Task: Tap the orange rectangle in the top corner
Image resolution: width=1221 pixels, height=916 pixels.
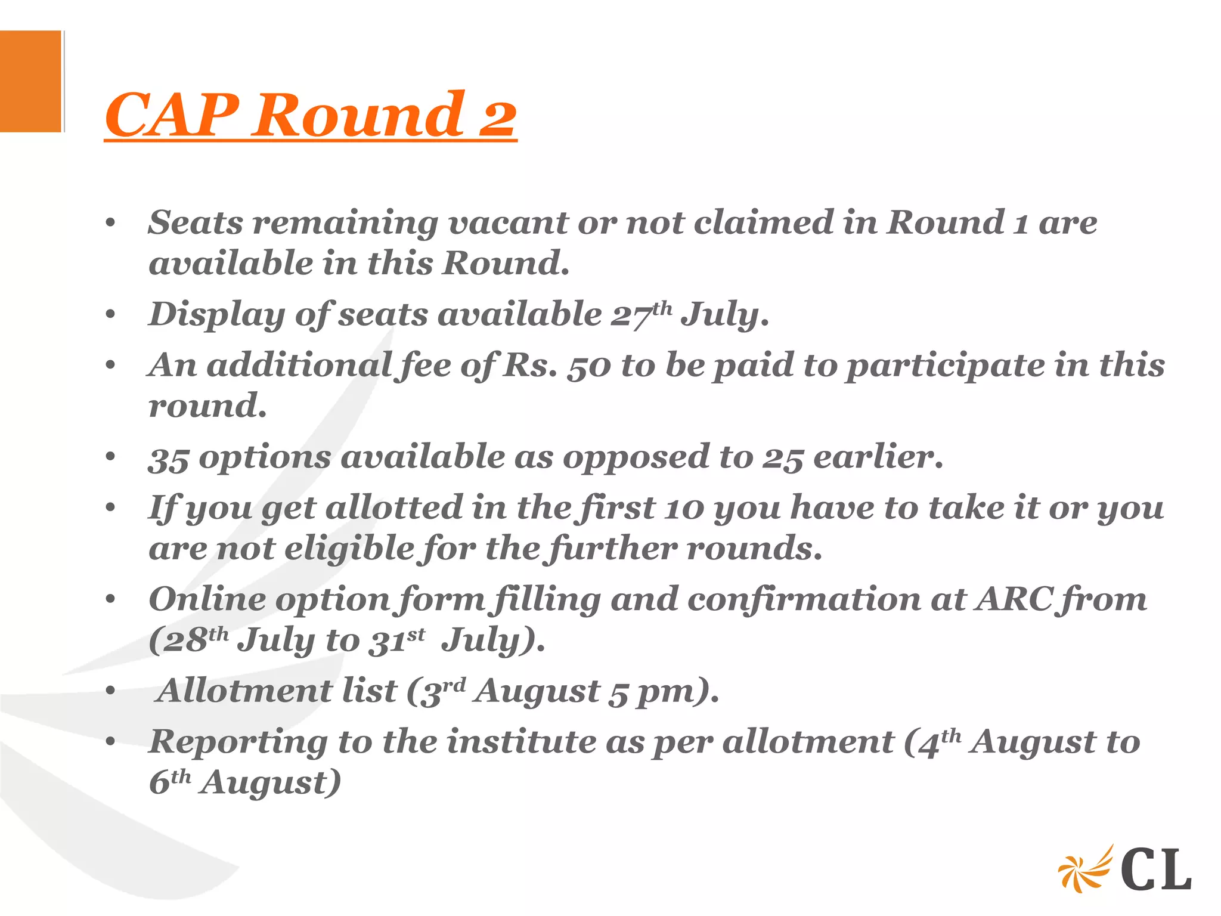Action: coord(30,81)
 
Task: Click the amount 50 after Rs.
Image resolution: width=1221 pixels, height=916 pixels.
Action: coord(588,366)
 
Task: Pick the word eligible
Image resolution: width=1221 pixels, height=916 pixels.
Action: coord(349,549)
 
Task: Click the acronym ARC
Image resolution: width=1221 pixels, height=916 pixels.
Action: coord(1014,600)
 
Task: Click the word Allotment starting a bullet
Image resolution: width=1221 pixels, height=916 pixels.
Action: coord(244,691)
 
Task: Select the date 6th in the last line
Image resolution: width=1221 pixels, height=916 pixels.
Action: coord(169,782)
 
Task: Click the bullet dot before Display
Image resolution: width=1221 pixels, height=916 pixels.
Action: coord(110,315)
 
